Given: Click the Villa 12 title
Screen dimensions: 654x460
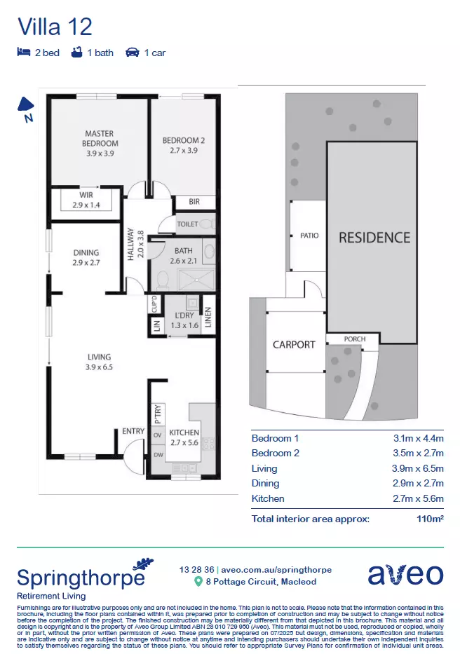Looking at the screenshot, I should click(x=55, y=27).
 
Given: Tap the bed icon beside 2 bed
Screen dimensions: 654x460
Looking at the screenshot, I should click(x=23, y=53).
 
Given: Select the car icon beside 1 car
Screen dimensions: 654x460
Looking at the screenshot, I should click(x=132, y=53).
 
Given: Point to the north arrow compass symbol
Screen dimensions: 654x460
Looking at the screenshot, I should click(x=25, y=106).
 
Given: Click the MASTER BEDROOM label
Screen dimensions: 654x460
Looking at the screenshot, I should click(x=100, y=138).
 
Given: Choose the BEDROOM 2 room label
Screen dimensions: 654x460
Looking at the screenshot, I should click(x=184, y=140).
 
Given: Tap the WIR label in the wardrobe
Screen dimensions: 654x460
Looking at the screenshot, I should click(x=86, y=195).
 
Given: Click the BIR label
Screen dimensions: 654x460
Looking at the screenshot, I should click(x=194, y=202).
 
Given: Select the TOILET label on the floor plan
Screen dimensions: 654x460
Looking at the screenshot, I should click(x=187, y=224).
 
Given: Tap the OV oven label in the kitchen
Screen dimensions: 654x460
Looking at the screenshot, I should click(x=157, y=435).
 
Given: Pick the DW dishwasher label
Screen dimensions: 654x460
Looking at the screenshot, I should click(x=157, y=454).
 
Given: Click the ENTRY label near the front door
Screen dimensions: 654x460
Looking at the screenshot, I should click(x=133, y=431).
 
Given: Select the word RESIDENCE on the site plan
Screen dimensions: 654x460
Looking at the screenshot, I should click(x=374, y=238).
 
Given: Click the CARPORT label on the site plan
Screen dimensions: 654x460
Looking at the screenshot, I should click(x=294, y=344).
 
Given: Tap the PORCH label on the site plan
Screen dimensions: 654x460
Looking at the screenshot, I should click(x=355, y=339).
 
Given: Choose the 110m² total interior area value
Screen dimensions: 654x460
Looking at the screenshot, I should click(x=430, y=519).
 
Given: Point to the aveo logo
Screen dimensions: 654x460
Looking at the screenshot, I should click(x=405, y=574).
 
